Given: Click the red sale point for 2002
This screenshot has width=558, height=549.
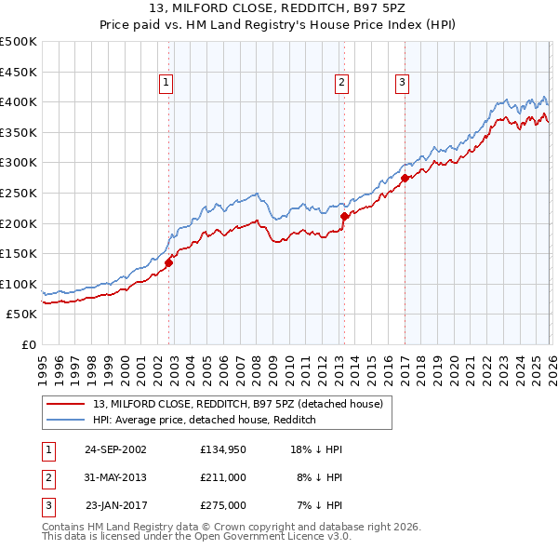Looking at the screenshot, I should click(169, 262).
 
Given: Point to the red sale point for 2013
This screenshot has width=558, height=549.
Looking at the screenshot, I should click(344, 216).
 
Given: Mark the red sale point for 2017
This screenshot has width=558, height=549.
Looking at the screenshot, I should click(405, 177).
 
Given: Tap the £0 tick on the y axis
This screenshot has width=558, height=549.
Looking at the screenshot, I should click(29, 344).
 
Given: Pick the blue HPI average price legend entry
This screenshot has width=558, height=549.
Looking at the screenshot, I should click(205, 420).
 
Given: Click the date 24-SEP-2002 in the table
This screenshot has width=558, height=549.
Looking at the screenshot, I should click(115, 449).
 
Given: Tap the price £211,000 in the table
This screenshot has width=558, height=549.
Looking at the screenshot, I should click(223, 477).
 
